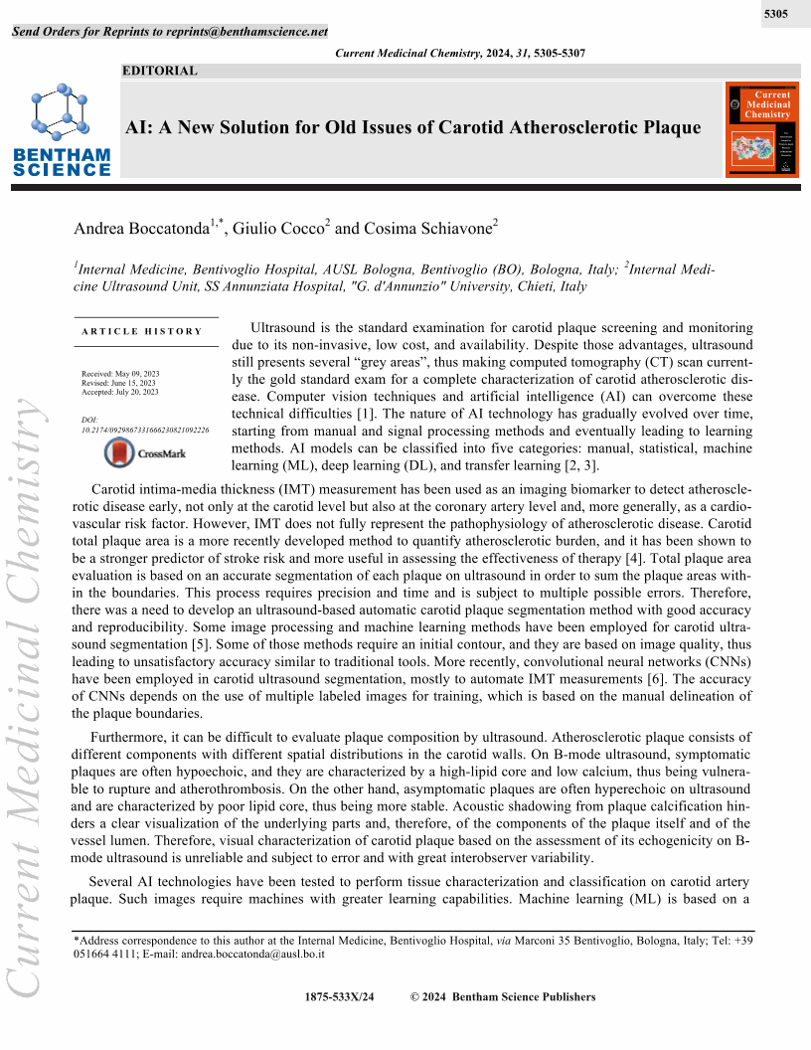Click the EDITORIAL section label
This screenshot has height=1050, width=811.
[159, 71]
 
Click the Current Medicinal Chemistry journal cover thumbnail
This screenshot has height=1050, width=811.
[762, 130]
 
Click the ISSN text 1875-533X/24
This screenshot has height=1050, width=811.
[340, 997]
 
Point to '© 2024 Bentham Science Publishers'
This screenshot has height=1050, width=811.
[503, 997]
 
